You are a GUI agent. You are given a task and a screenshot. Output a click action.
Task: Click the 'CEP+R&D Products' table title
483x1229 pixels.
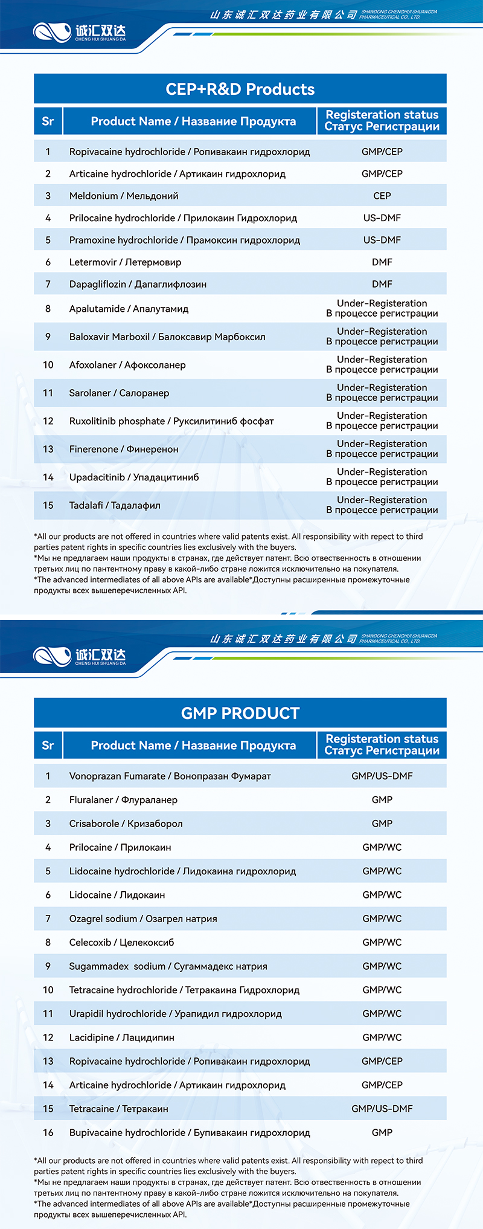[x=240, y=89]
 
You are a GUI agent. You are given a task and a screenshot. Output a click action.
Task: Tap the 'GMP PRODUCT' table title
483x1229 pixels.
[x=240, y=713]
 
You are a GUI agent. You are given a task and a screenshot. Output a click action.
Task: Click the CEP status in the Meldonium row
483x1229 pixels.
[x=382, y=196]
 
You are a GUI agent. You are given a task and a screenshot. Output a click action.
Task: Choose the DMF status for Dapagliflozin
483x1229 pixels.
[x=382, y=284]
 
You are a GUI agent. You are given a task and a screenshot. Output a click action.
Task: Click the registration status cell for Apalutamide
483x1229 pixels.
[x=382, y=308]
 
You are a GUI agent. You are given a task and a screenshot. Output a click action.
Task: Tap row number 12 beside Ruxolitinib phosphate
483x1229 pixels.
[x=48, y=421]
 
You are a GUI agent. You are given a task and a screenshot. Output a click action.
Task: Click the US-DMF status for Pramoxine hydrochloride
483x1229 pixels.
[x=382, y=240]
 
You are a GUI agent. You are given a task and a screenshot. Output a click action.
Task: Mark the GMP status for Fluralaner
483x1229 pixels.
[x=382, y=799]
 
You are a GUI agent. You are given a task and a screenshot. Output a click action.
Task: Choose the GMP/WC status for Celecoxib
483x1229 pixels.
[x=382, y=942]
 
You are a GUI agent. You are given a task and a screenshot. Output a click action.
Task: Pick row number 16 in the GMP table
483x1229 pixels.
[x=48, y=1132]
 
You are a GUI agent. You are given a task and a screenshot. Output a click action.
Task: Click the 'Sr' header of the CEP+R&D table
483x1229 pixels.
[x=48, y=121]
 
